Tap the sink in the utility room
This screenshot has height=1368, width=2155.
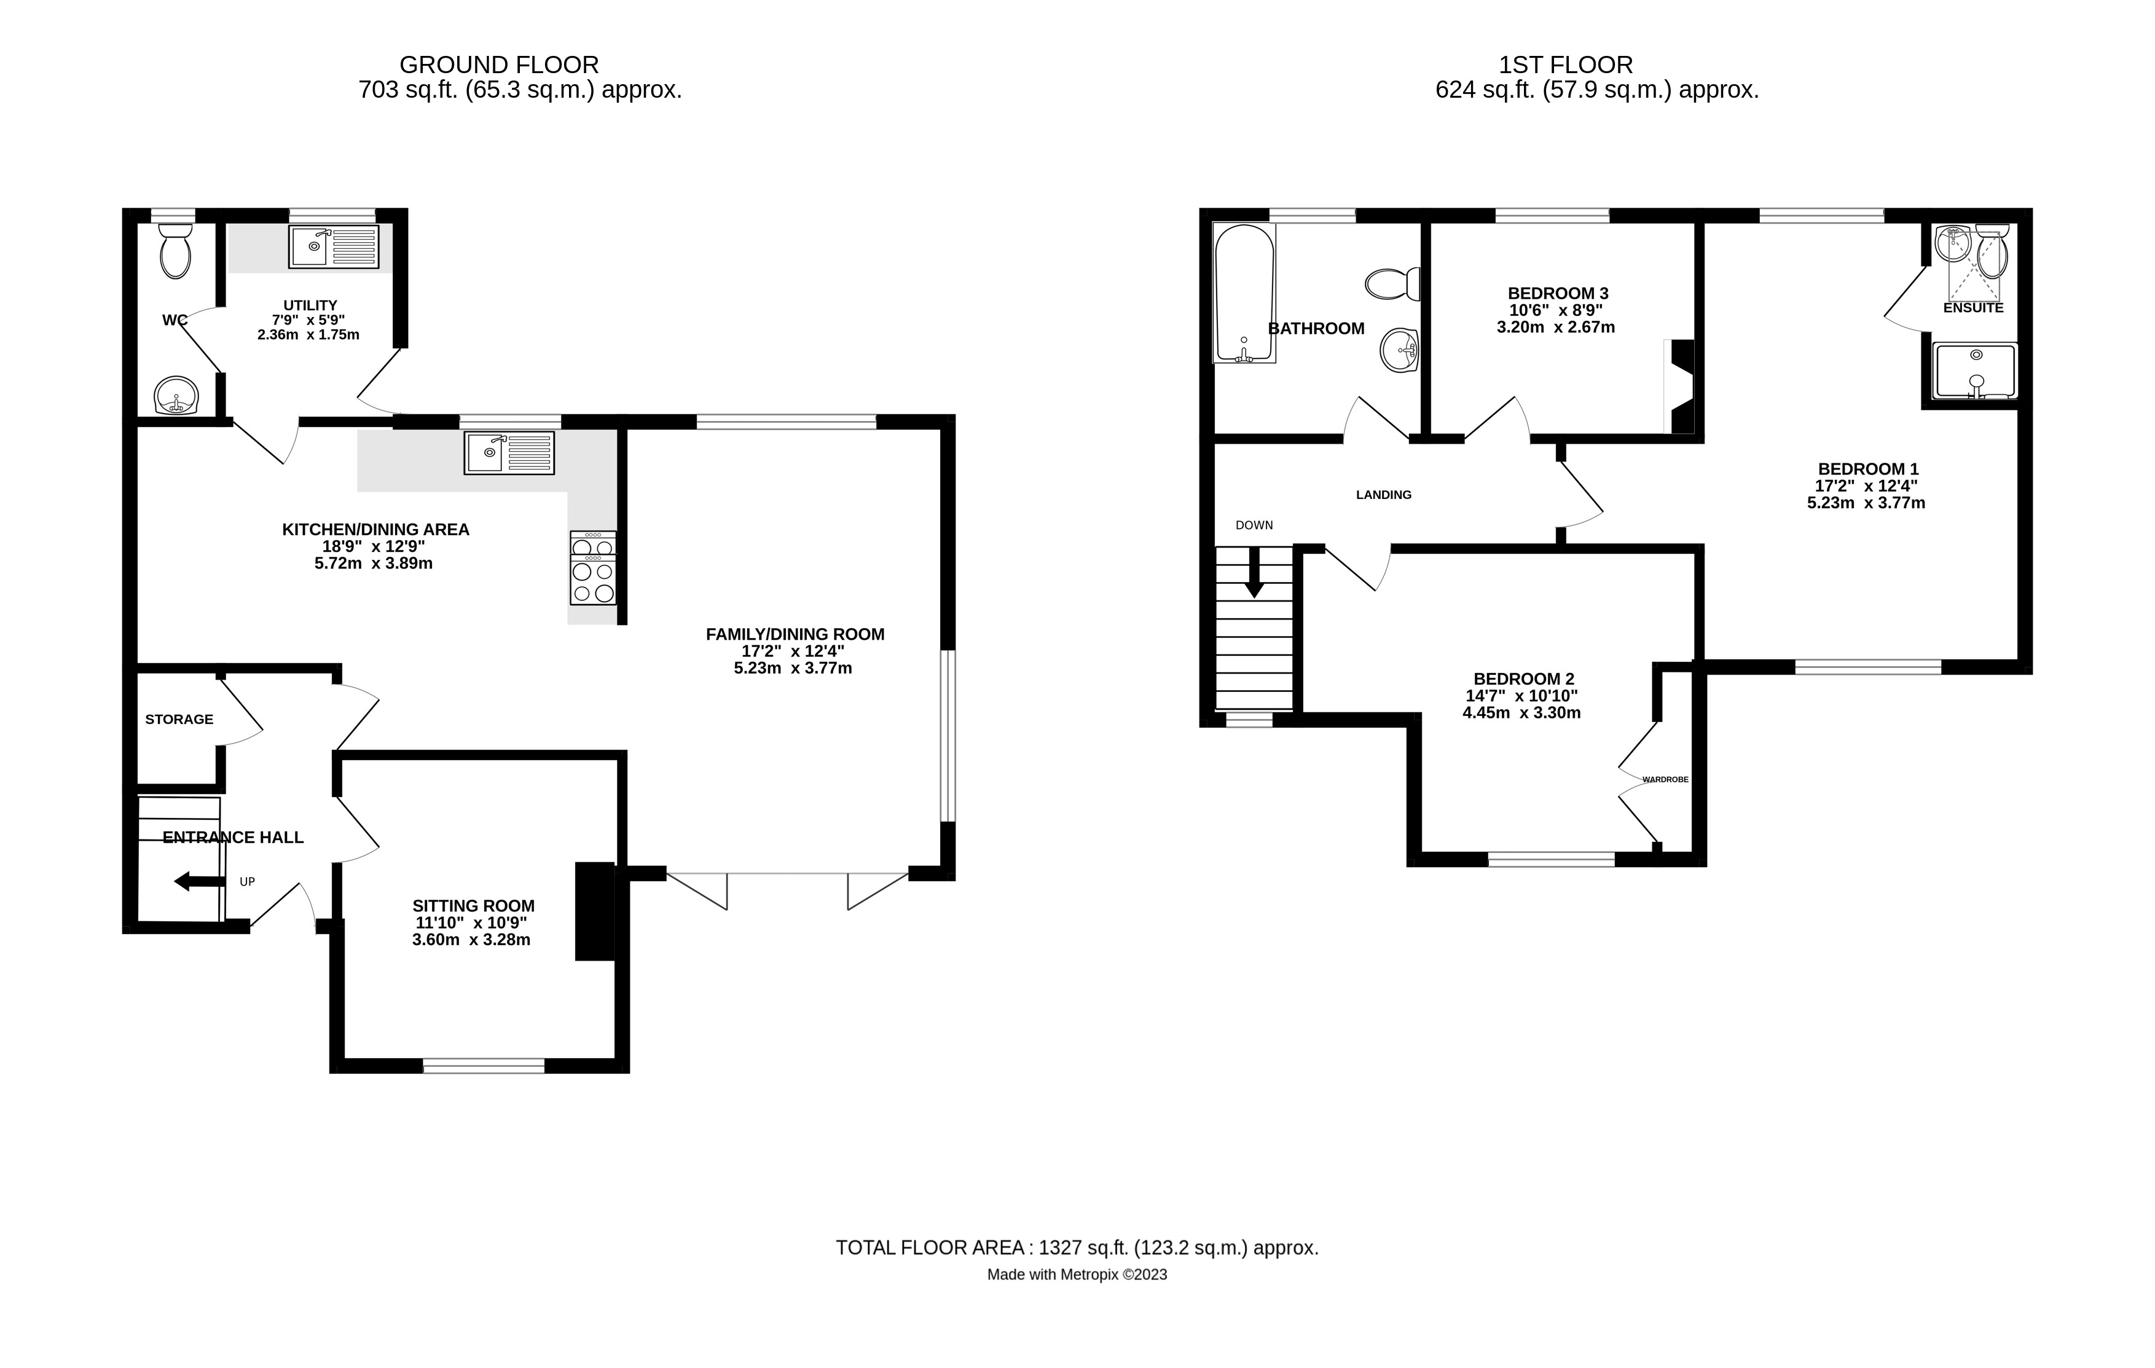334,247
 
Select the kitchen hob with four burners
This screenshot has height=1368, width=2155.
592,568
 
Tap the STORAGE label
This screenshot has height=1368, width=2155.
179,719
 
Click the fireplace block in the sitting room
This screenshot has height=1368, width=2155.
594,911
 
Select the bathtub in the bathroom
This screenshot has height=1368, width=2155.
1244,293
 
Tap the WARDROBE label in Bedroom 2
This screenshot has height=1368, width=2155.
1665,780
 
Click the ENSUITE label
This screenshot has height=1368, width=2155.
1973,308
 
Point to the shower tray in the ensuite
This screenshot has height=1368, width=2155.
1975,371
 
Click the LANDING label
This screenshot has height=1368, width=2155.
1384,495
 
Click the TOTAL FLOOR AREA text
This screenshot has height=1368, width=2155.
1078,1248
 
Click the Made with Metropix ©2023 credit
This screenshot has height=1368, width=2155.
1078,1275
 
